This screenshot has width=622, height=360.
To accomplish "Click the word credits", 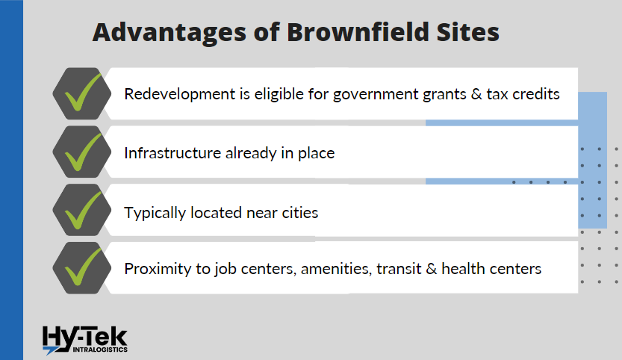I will click(534, 95).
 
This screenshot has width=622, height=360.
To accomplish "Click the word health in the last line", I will click(463, 269).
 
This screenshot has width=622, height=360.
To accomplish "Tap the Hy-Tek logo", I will click(85, 338).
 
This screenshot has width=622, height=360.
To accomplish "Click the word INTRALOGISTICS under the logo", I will click(98, 350).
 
